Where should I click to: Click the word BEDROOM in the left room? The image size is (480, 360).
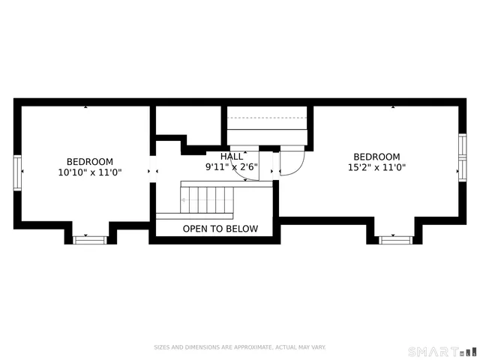click(90, 161)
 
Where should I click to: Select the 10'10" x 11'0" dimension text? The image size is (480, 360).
click(90, 172)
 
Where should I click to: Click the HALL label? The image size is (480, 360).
click(232, 156)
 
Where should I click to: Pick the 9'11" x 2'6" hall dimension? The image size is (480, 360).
click(232, 166)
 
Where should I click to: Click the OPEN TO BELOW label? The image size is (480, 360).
click(220, 229)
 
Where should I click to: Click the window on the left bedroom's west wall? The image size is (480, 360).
click(17, 172)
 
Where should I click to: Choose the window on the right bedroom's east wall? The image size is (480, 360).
click(462, 157)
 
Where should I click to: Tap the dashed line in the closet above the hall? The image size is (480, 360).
click(268, 118)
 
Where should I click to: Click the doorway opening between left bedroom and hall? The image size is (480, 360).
click(152, 172)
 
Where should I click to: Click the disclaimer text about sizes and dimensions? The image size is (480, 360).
click(240, 347)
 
